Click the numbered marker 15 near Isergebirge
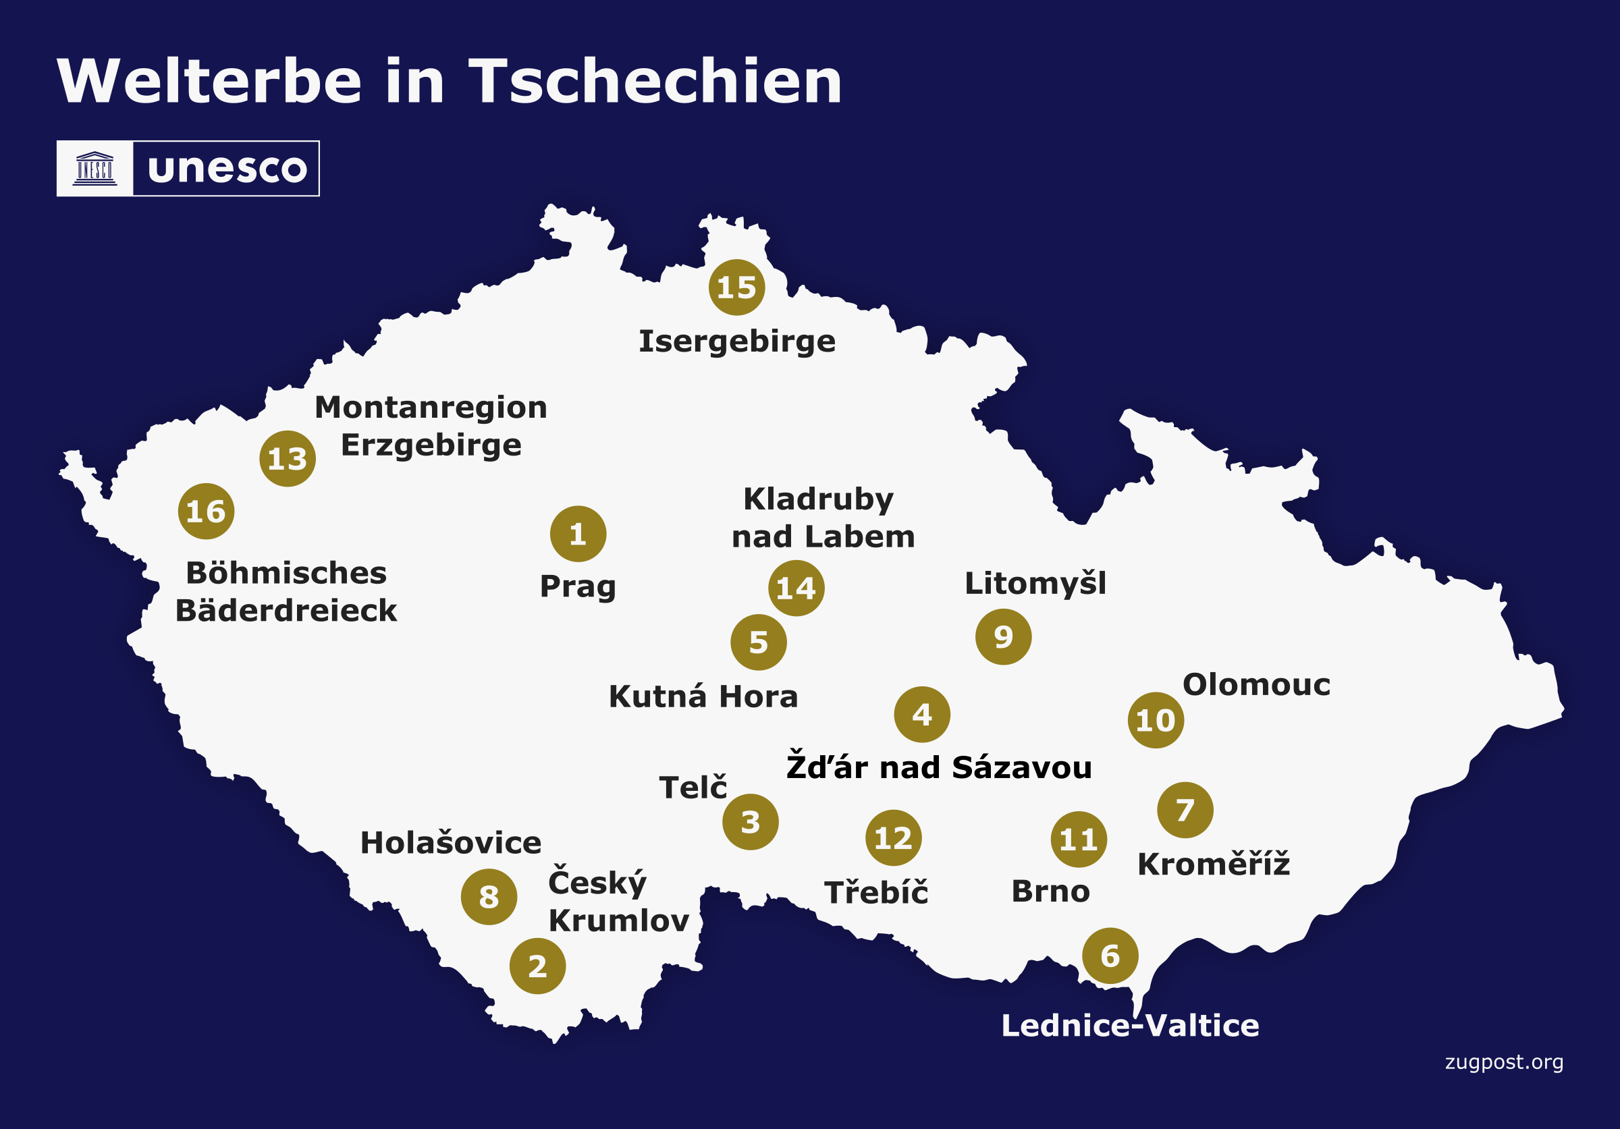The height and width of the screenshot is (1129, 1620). (736, 287)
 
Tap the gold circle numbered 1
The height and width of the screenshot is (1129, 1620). (578, 534)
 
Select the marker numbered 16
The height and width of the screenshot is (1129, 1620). (206, 512)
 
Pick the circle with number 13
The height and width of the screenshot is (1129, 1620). (287, 458)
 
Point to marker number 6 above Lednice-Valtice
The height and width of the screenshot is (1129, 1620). (1110, 956)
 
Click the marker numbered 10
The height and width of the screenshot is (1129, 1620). (1156, 720)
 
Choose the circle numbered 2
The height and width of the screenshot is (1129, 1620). (538, 966)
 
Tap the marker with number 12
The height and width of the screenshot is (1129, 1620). (893, 837)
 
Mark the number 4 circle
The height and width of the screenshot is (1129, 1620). (921, 715)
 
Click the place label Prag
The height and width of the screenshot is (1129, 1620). (578, 586)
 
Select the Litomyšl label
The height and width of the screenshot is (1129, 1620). (1035, 584)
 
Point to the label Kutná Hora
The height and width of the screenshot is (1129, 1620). (703, 696)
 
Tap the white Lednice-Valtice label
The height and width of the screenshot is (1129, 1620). (1130, 1025)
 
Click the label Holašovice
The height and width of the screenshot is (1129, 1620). (450, 843)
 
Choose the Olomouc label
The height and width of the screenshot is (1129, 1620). (1256, 685)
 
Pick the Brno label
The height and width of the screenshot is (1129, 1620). (1050, 891)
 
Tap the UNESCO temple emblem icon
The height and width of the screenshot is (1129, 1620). (94, 169)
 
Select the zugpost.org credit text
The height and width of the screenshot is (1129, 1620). (1504, 1062)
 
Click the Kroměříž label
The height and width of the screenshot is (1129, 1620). (1214, 864)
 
